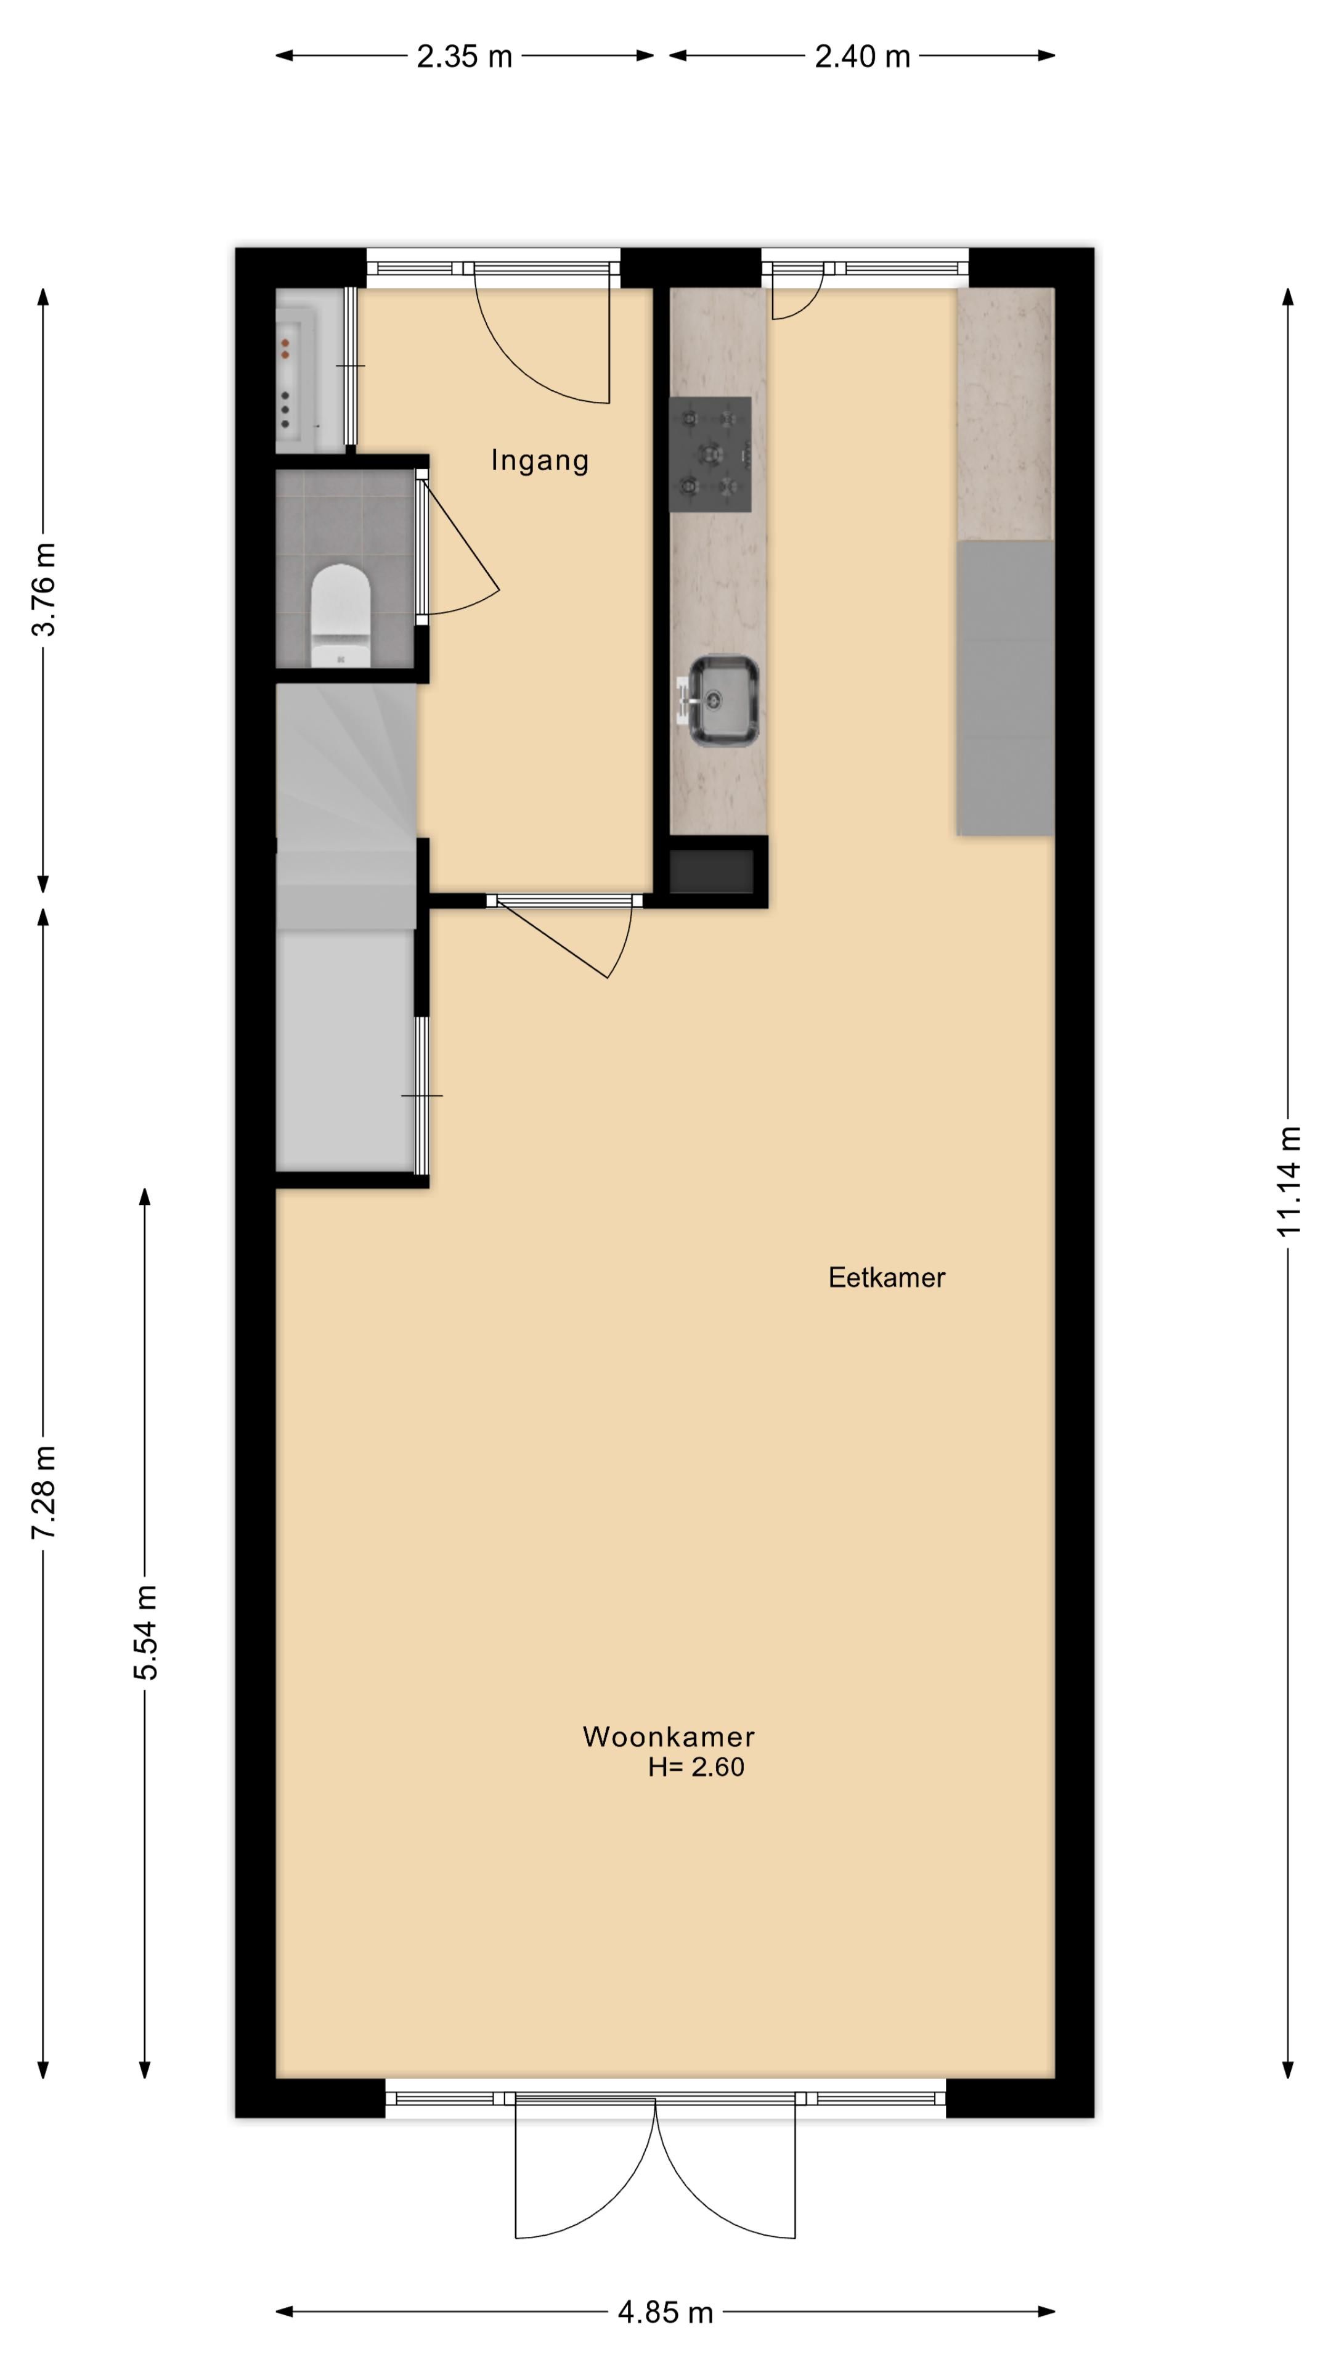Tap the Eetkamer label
tap(887, 1277)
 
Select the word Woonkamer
tap(669, 1736)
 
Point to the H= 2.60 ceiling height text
tap(696, 1767)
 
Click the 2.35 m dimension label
tap(464, 57)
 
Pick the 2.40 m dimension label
tap(863, 57)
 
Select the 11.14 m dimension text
tap(1290, 1182)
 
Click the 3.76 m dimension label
tap(44, 589)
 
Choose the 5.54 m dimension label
tap(145, 1633)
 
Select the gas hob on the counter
tap(710, 454)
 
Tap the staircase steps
tap(346, 807)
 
